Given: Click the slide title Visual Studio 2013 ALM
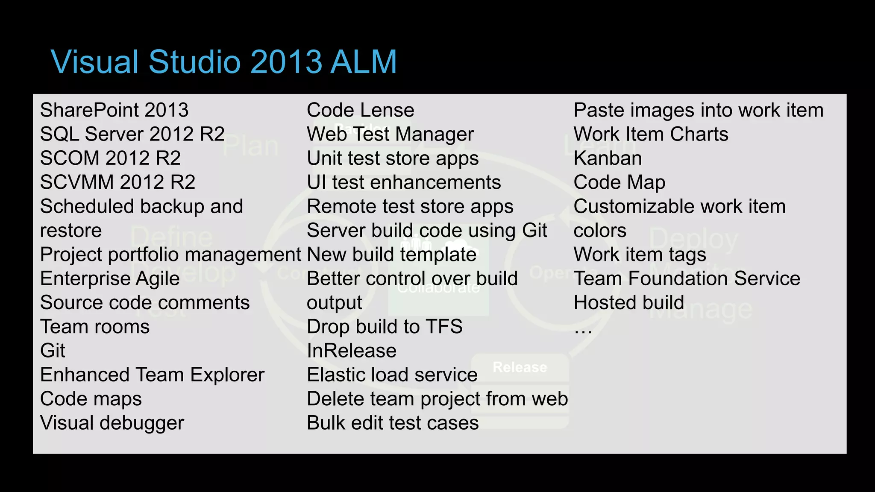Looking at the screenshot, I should click(224, 62).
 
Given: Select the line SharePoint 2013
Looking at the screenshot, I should click(114, 110).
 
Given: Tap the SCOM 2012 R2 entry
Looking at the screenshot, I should click(110, 158).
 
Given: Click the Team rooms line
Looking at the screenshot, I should click(95, 327).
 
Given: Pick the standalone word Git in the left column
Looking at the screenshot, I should click(53, 351).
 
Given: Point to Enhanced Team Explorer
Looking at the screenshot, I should click(152, 375).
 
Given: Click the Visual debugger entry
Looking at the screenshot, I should click(112, 423).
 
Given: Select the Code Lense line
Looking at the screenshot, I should click(360, 110).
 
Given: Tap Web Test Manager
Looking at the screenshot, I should click(390, 135).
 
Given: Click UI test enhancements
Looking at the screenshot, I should click(403, 183).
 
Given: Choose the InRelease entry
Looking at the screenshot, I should click(351, 351).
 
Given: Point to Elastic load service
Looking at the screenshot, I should click(392, 375).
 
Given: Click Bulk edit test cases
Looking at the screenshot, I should click(392, 423).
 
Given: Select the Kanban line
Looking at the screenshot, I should click(607, 158).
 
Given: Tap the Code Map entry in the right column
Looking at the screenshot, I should click(619, 183).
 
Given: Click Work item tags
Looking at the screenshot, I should click(640, 255).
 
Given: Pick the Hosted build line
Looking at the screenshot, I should click(628, 303).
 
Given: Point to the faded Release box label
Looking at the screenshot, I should click(520, 367).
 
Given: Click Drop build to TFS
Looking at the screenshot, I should click(385, 327).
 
